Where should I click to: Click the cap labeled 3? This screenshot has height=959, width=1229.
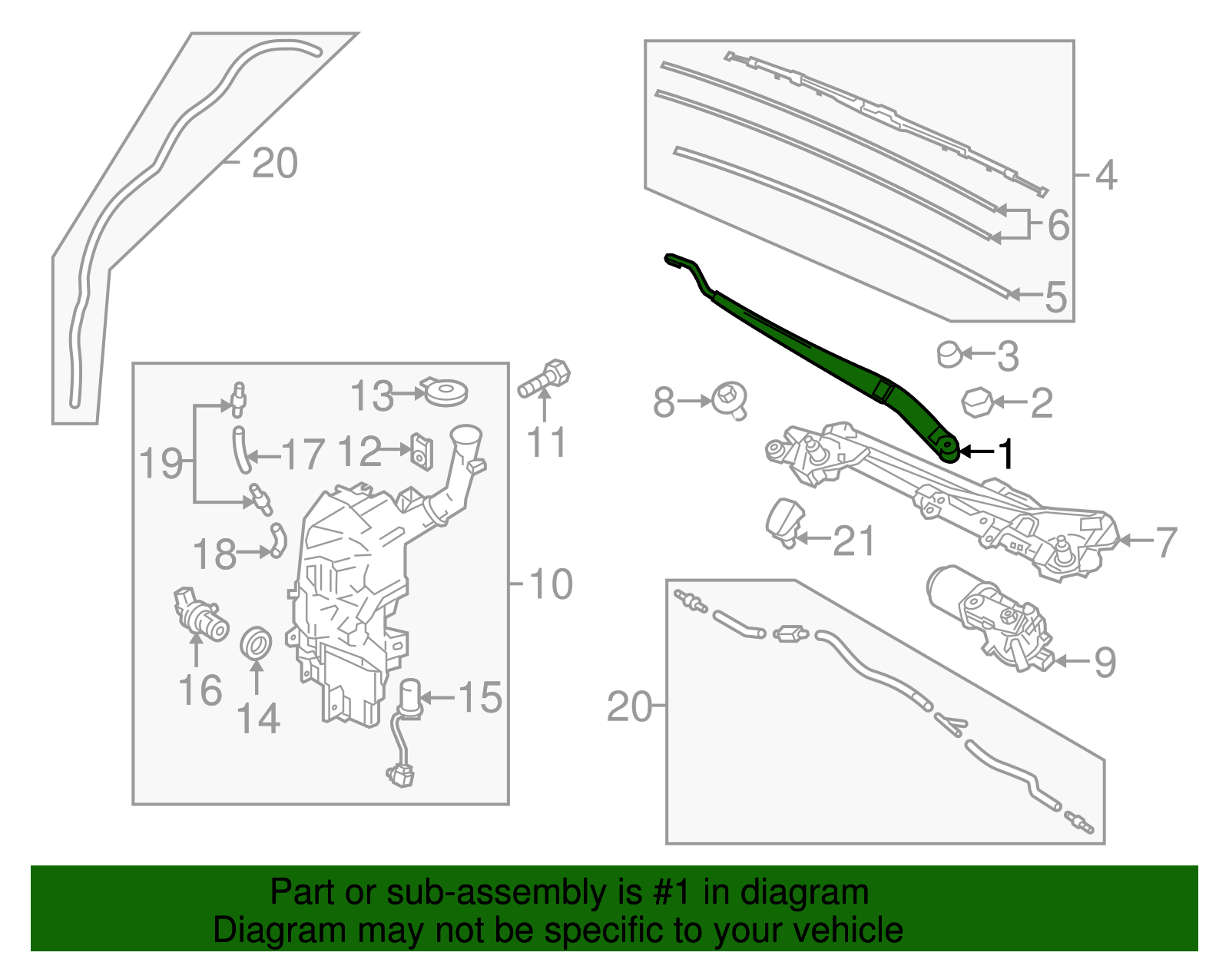click(949, 354)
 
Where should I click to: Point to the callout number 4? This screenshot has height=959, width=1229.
click(1105, 175)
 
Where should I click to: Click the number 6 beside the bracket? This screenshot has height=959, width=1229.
click(1058, 225)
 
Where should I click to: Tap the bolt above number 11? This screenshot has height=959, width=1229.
click(547, 378)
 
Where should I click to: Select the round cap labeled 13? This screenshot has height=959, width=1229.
click(446, 392)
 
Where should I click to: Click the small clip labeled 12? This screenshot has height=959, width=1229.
click(422, 451)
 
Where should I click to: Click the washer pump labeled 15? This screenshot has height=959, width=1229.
click(412, 699)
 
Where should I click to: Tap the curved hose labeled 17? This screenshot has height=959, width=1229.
click(241, 451)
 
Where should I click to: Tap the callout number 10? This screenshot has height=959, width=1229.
click(551, 584)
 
